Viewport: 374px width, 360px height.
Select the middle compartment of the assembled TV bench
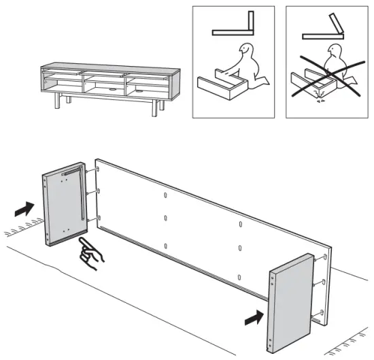[103, 83]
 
